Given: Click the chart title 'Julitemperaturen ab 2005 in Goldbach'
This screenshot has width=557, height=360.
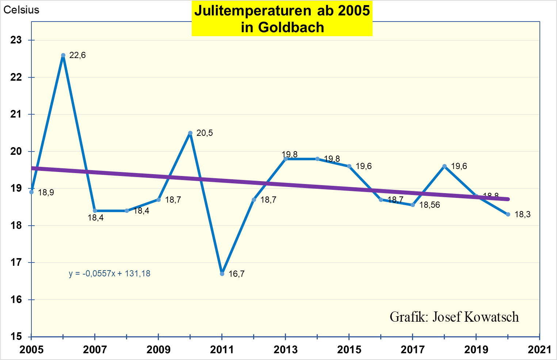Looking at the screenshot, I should (x=282, y=19).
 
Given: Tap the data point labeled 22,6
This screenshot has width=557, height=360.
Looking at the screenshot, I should (x=63, y=55).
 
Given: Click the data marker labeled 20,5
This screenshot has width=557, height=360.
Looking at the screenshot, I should (x=190, y=133).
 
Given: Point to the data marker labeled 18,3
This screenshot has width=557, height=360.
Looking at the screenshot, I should (x=508, y=214).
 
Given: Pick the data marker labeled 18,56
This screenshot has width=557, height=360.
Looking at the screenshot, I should (x=413, y=205).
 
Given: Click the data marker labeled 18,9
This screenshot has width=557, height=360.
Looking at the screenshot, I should (x=31, y=192).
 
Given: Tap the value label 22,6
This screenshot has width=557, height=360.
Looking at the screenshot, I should (x=77, y=55).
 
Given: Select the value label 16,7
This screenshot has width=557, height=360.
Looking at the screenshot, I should (x=236, y=274).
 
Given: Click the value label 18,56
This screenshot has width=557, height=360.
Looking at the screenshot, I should (x=430, y=205).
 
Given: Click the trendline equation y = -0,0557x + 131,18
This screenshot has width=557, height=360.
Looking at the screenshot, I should (x=110, y=273).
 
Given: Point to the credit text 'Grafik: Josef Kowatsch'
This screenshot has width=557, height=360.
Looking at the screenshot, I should (x=454, y=317).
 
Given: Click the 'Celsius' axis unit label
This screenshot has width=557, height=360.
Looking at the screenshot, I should (x=21, y=10).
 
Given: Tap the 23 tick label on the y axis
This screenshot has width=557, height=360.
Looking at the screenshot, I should (x=16, y=40).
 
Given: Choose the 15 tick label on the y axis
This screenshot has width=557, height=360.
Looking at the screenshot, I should (x=16, y=336).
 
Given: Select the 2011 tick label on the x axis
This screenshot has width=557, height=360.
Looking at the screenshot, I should (x=222, y=350).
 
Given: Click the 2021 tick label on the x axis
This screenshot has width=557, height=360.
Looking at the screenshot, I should (x=539, y=350).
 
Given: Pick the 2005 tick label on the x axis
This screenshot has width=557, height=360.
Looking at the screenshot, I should (x=31, y=350).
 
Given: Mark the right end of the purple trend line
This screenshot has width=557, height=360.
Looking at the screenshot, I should (x=508, y=199).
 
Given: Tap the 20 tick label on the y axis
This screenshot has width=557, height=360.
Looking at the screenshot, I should (x=16, y=152).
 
